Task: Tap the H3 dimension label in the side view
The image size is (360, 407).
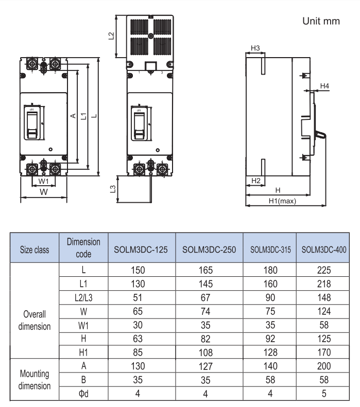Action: (254, 48)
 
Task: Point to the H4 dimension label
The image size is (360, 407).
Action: (324, 85)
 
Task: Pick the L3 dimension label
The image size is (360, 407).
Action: (113, 188)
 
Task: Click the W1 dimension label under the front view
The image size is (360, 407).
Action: (44, 182)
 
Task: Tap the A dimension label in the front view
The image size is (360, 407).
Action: (73, 116)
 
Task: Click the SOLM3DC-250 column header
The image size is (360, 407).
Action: (209, 250)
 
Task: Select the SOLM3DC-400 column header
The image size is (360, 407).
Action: (323, 250)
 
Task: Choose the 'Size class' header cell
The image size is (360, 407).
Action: (35, 250)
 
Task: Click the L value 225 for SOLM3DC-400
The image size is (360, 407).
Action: (323, 270)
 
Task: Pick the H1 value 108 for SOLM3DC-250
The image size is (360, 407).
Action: (209, 353)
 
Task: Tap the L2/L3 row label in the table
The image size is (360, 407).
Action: (83, 297)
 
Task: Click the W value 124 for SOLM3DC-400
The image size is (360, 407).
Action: (323, 311)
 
